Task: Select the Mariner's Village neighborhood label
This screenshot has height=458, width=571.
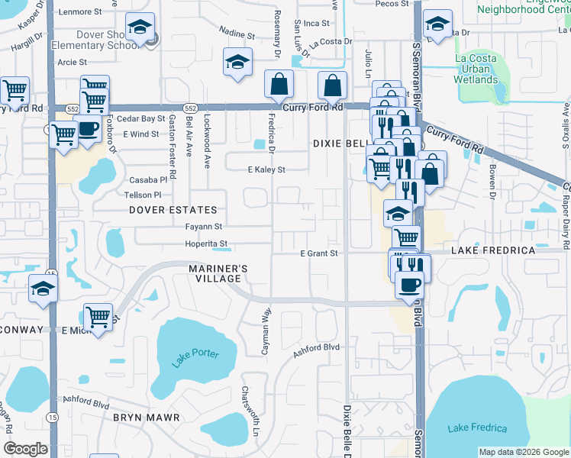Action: pos(218,274)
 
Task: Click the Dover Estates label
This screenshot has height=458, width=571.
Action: pos(173,209)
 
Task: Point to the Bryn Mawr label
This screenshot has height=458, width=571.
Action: pos(146,418)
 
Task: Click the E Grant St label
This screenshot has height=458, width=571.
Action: pos(318,253)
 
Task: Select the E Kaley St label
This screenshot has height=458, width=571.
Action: pos(266,169)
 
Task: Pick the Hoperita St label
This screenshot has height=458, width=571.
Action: pos(207,244)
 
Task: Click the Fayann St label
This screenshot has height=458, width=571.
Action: pos(203,227)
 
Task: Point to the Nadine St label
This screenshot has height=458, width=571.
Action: pos(236,34)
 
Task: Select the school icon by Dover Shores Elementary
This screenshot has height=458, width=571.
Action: pos(140,27)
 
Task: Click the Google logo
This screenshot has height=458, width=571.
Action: pos(25,449)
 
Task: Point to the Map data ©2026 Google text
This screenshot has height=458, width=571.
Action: pos(524,452)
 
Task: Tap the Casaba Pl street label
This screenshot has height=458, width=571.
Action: pos(148,180)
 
